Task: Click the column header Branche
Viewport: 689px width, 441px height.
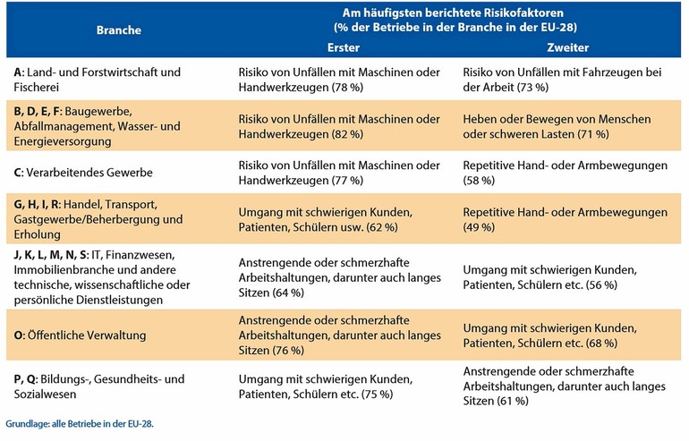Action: coord(119,30)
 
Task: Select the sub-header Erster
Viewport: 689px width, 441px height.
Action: coord(344,47)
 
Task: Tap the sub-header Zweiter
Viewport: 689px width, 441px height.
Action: coord(567,47)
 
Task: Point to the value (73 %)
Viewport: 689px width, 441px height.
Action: coord(532,87)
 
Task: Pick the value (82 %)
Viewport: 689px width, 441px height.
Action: coord(346,134)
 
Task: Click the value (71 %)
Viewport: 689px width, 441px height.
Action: coord(592,134)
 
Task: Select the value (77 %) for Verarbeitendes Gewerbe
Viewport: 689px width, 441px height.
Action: coord(346,181)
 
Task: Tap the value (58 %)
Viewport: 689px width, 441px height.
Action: coord(479,181)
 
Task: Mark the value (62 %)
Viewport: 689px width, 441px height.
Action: coord(382,227)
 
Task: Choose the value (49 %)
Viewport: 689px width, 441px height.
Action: coord(479,227)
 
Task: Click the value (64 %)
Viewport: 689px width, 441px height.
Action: coord(288,293)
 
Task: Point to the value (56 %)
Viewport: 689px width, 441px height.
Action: coord(601,284)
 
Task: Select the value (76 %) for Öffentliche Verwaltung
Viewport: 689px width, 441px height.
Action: coord(288,350)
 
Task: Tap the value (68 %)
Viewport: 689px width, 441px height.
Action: coord(601,343)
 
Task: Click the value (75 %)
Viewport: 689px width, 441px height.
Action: coord(377,394)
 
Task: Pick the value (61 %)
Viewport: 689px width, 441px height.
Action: coord(513,401)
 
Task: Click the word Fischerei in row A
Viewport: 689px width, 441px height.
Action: coord(36,87)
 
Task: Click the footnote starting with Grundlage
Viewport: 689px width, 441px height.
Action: coord(80,424)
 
